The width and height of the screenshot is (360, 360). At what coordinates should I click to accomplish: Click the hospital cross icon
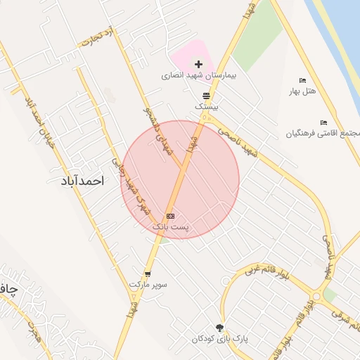click(198, 64)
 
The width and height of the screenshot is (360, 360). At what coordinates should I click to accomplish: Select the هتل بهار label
click(303, 91)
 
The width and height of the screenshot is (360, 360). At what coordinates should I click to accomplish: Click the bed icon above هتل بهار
click(303, 81)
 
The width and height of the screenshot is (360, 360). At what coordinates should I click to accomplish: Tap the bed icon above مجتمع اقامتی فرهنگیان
click(323, 123)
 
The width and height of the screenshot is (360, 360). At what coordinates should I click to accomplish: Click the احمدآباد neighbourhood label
click(78, 181)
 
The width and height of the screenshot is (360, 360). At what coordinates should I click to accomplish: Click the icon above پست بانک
click(170, 216)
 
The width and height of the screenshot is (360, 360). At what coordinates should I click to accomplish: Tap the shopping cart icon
click(148, 274)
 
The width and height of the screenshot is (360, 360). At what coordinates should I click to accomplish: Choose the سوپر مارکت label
click(148, 285)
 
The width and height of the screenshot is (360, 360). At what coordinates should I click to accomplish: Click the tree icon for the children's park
click(219, 328)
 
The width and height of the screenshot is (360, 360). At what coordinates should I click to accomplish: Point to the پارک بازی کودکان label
click(219, 339)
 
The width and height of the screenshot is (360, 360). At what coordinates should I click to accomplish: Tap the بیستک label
click(207, 107)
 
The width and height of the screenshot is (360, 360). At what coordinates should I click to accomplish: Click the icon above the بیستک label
click(206, 96)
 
